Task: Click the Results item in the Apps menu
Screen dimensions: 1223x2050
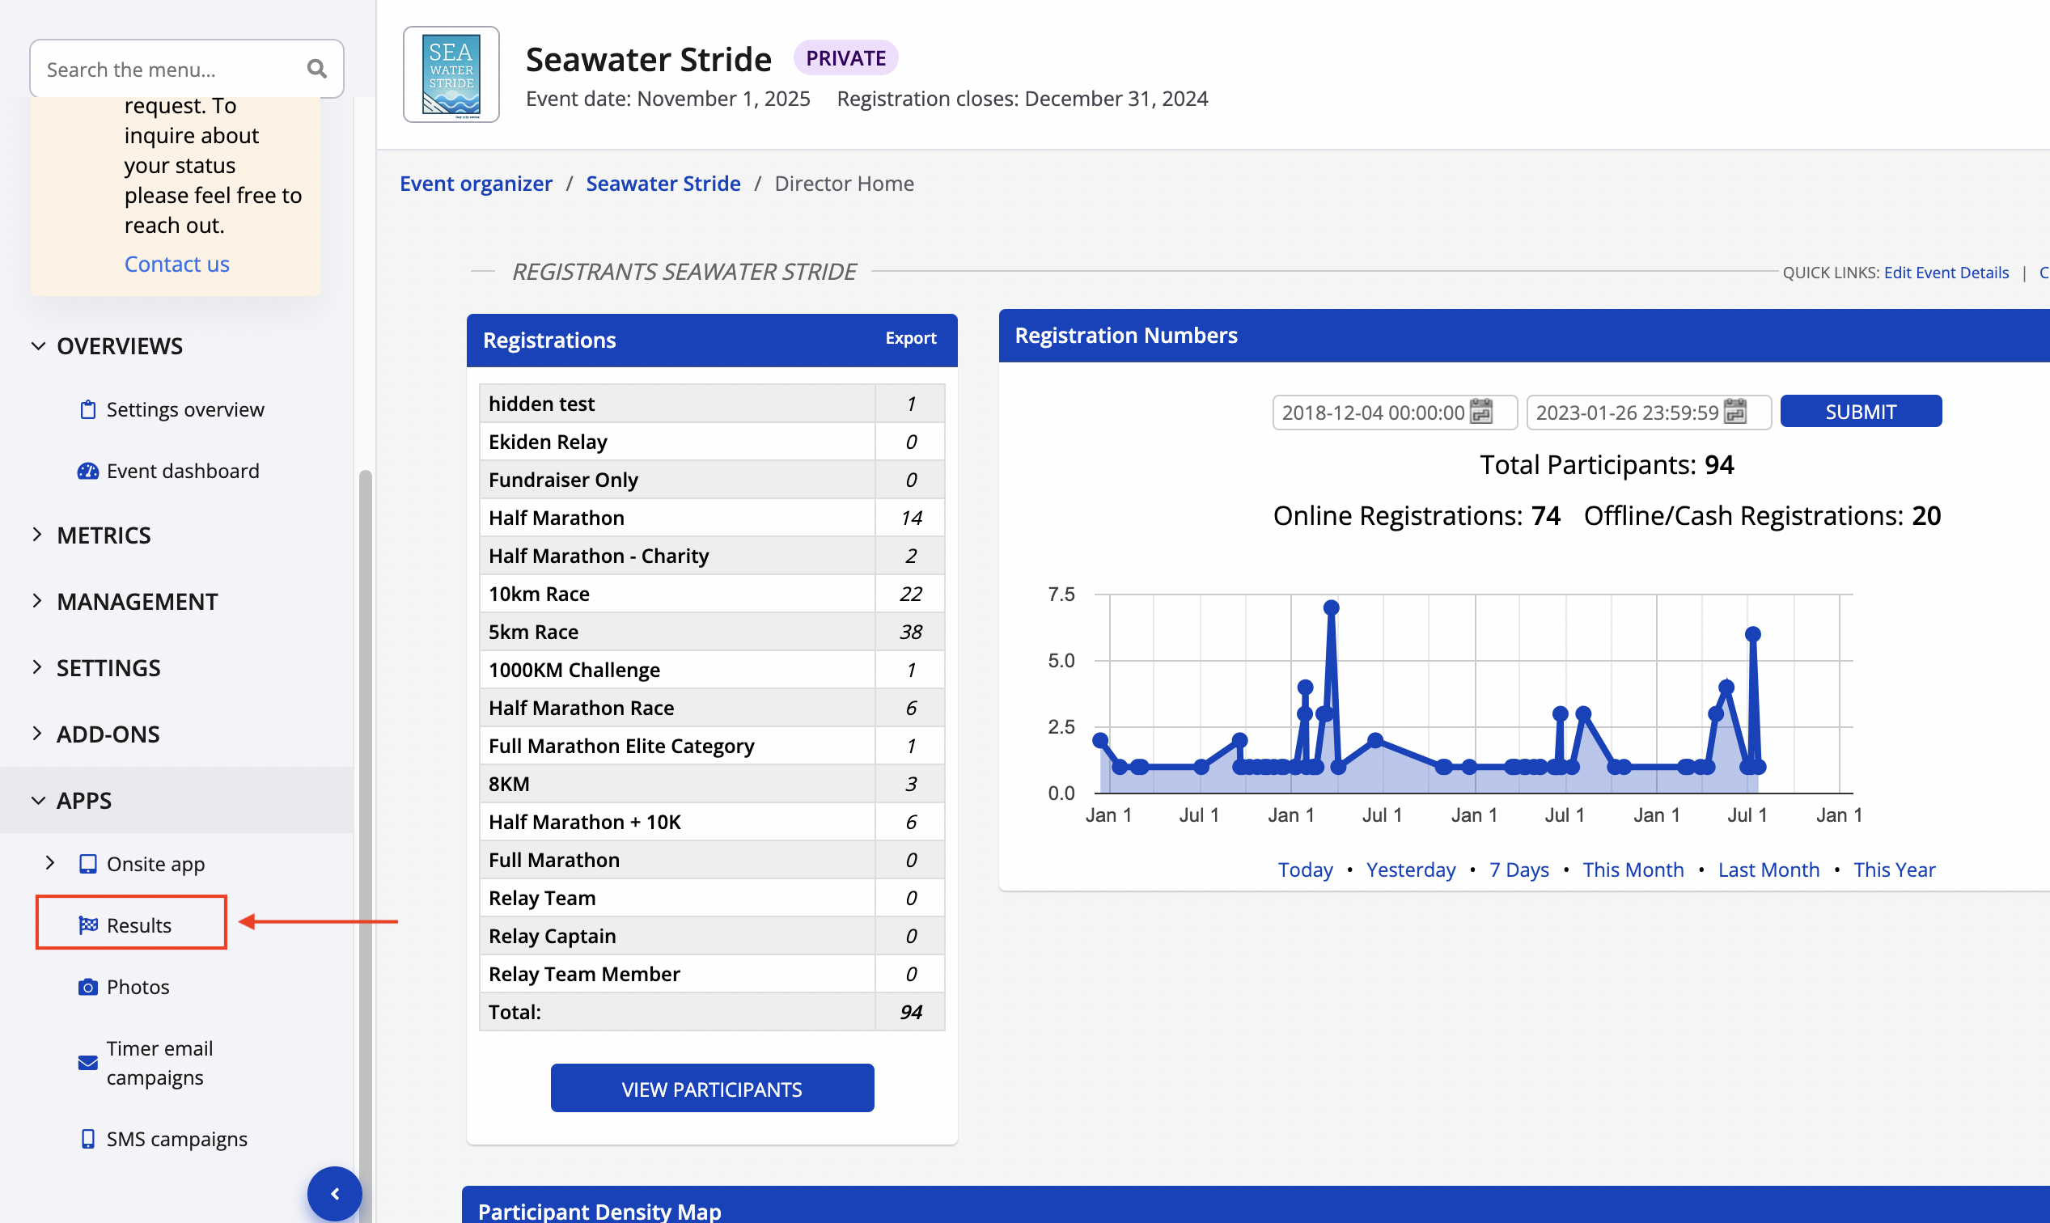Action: tap(138, 925)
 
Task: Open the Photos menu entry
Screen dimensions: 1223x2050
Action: tap(137, 987)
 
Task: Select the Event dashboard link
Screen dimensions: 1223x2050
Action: tap(182, 471)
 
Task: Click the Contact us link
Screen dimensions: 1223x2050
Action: tap(176, 264)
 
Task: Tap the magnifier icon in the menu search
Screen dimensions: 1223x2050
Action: tap(316, 70)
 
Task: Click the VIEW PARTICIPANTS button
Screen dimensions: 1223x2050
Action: tap(711, 1089)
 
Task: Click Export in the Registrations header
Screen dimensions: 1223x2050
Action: tap(910, 338)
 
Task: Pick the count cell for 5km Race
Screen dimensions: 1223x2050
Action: tap(910, 632)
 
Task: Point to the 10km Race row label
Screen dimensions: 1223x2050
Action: tap(539, 595)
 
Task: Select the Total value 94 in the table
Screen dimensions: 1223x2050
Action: tap(910, 1012)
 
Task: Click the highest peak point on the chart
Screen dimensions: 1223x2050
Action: tap(1332, 608)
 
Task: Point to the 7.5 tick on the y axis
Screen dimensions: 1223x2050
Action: tap(1061, 595)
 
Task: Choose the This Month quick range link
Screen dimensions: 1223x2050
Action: tap(1632, 870)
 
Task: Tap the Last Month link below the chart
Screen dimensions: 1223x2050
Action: tap(1768, 870)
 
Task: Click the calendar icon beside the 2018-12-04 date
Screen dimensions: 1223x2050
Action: tap(1481, 411)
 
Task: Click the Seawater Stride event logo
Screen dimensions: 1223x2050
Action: tap(451, 74)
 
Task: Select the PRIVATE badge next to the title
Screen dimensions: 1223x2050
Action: tap(845, 58)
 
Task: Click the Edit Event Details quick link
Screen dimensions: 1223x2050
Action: tap(1946, 273)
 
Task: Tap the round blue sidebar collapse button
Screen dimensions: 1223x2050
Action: tap(335, 1193)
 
